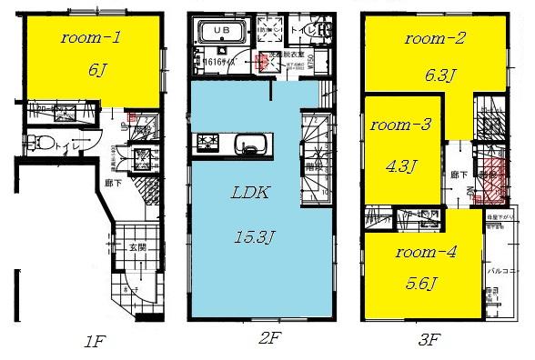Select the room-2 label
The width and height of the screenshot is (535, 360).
coord(435,39)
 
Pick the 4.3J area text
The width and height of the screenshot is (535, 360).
coord(400,166)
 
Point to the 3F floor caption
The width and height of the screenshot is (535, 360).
coord(429,343)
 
